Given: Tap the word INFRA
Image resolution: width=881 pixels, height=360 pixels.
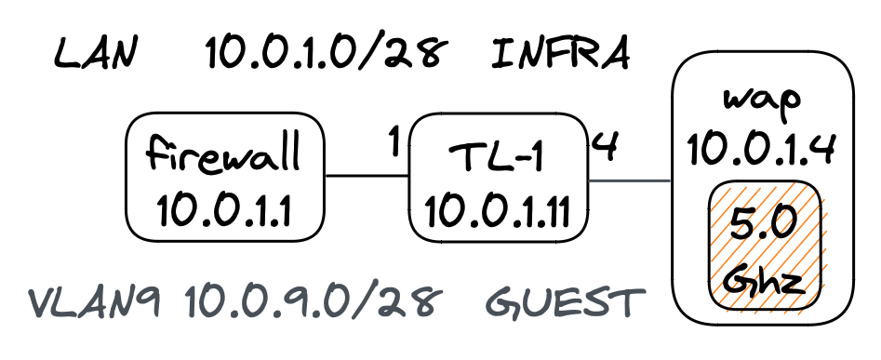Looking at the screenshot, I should [561, 56].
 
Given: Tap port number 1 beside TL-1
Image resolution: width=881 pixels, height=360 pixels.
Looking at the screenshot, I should [394, 141].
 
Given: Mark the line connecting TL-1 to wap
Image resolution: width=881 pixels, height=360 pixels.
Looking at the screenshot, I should [631, 180].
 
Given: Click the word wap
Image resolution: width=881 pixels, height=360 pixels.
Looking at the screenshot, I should [762, 100].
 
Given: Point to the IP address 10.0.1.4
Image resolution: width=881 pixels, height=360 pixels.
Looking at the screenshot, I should [762, 146].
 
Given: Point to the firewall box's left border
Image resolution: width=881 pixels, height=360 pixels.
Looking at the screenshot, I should [126, 177].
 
